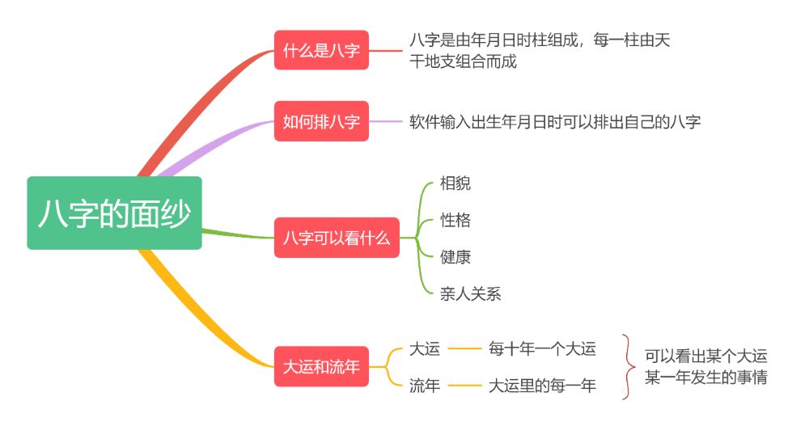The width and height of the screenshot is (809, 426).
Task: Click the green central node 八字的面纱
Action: (x=114, y=213)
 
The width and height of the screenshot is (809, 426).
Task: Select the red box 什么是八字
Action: (x=321, y=50)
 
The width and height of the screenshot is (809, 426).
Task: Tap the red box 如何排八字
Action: (x=321, y=121)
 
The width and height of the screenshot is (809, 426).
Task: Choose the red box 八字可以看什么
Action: (x=337, y=238)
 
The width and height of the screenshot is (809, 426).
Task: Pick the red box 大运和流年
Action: (x=321, y=366)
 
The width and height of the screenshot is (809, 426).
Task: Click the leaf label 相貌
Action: (x=455, y=183)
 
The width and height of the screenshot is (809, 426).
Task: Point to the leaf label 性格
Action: (x=455, y=220)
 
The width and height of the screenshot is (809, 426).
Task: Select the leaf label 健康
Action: (x=455, y=257)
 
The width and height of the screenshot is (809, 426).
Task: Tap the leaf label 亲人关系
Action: (x=471, y=293)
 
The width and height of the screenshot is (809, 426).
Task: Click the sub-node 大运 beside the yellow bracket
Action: (x=425, y=348)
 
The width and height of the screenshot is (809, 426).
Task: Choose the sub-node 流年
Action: (x=425, y=386)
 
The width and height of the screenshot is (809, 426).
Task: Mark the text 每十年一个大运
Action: (x=542, y=348)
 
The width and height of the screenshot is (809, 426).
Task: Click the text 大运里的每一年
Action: (x=542, y=386)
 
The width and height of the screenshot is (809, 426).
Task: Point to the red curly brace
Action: (x=627, y=367)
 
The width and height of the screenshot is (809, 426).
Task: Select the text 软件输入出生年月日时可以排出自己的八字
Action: (x=555, y=122)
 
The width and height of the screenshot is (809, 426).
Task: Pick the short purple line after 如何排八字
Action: (x=386, y=121)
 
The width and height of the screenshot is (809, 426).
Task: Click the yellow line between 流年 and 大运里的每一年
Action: (x=464, y=386)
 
